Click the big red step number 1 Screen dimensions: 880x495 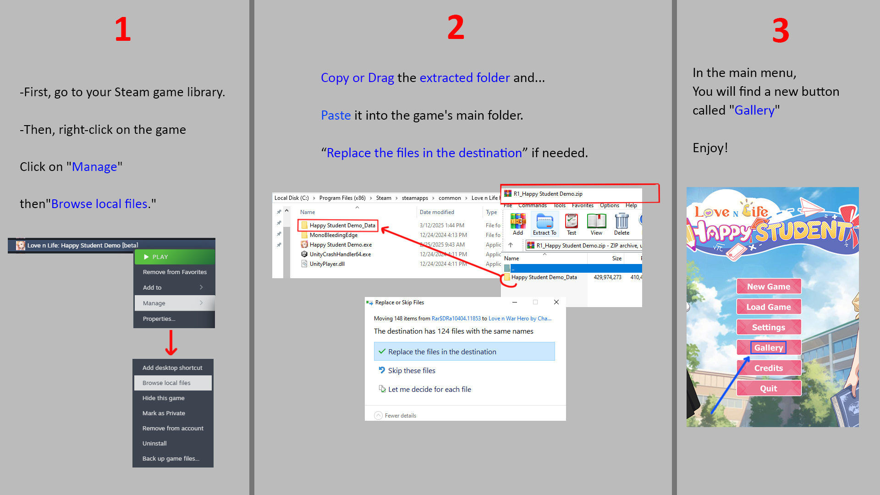click(123, 29)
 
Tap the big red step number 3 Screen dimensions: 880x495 click(781, 31)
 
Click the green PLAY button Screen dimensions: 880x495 click(175, 257)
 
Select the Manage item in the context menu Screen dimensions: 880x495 click(175, 303)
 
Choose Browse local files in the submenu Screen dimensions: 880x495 click(173, 383)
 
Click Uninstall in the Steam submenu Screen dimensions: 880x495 click(154, 443)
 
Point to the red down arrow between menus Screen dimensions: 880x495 click(171, 342)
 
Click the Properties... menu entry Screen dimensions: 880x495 click(159, 319)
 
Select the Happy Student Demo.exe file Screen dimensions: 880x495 click(341, 245)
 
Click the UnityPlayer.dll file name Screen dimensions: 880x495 click(327, 264)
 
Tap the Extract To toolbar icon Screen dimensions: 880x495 click(544, 225)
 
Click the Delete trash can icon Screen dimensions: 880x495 click(622, 221)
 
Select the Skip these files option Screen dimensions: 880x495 click(412, 370)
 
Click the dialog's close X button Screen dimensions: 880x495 click(556, 302)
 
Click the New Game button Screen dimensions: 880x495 click(769, 286)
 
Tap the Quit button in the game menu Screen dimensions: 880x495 click(769, 388)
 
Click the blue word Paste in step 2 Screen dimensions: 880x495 click(336, 115)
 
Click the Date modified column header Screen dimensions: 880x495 click(437, 212)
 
